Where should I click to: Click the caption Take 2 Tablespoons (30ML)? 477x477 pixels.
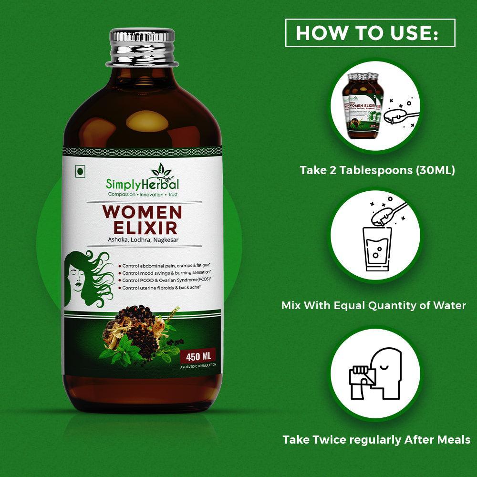click(377, 170)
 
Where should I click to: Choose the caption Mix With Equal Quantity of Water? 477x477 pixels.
click(373, 305)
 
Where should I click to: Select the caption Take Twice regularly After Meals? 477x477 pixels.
click(376, 439)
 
